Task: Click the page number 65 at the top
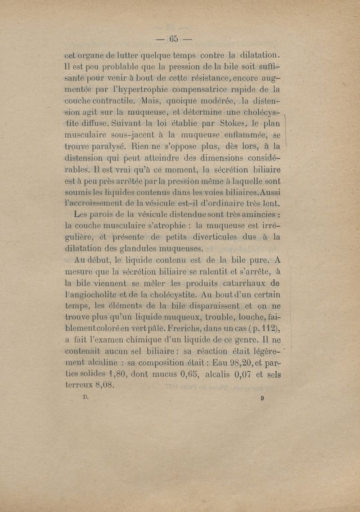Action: (x=174, y=39)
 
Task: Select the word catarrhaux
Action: (x=242, y=283)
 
